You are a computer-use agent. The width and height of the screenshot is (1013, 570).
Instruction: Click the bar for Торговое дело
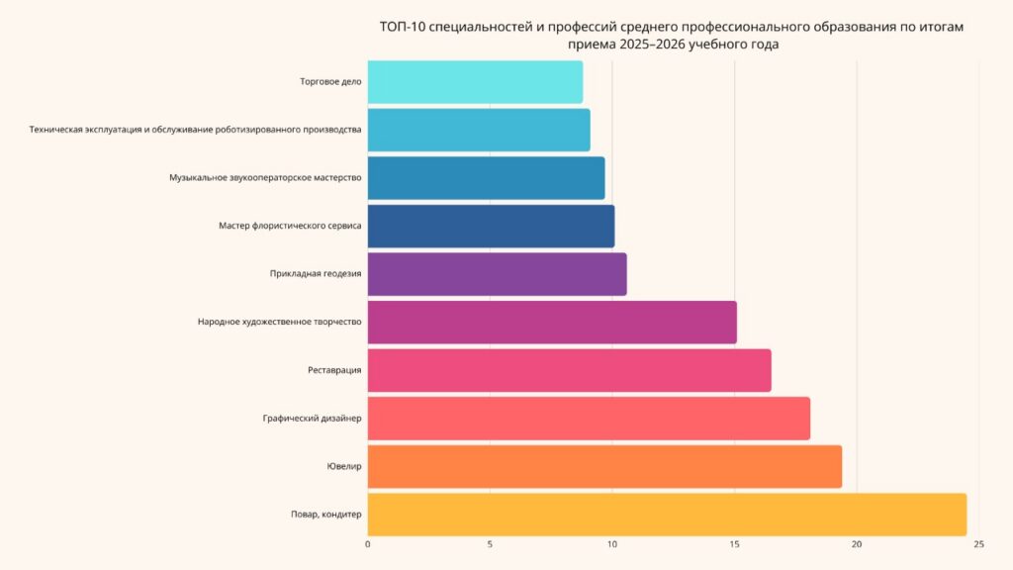click(475, 82)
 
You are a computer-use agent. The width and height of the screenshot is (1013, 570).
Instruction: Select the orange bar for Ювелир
click(604, 466)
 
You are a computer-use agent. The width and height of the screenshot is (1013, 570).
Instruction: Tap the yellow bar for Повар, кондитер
click(667, 514)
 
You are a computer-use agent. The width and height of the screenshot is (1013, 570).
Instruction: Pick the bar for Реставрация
click(569, 370)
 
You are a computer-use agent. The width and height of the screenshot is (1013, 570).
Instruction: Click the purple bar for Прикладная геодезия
click(497, 274)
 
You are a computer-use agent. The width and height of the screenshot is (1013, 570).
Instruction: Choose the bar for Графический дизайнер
click(589, 419)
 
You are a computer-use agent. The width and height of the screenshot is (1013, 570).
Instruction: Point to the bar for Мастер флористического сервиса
click(491, 226)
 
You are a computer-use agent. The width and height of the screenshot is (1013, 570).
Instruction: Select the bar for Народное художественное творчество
click(552, 323)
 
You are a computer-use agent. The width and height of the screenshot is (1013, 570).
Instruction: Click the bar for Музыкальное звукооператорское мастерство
click(486, 178)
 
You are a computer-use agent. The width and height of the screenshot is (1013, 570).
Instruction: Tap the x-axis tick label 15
click(734, 544)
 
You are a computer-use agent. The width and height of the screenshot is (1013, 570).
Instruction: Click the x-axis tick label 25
click(978, 544)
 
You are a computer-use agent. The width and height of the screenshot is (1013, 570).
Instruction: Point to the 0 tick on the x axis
click(368, 544)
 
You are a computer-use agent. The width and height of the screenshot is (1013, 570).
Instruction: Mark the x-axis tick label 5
click(490, 544)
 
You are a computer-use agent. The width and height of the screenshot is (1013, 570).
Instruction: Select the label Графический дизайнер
click(312, 419)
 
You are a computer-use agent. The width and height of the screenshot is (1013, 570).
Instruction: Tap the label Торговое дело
click(330, 82)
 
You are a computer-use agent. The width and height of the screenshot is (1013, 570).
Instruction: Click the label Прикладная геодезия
click(316, 274)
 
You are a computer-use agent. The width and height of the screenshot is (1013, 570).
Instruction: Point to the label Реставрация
click(334, 370)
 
